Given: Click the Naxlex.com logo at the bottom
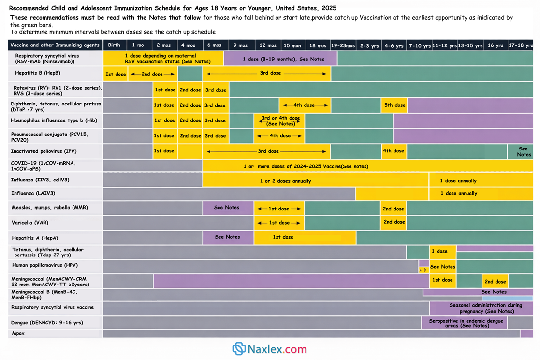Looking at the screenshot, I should click(269, 349).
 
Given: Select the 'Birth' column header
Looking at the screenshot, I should click(114, 45).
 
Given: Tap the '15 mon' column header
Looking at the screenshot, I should click(292, 45).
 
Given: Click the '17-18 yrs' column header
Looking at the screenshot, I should click(520, 45).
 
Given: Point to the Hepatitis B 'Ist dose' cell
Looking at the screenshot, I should click(116, 74).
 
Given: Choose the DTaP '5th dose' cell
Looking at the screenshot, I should click(394, 105).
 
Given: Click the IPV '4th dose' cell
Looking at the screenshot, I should click(394, 151).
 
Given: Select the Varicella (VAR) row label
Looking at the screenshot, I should click(30, 223).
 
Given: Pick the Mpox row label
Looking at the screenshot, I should click(18, 333).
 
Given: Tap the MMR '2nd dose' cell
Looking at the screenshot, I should click(394, 209).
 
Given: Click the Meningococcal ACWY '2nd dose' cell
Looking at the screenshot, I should click(495, 281).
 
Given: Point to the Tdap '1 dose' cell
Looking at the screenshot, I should click(442, 252).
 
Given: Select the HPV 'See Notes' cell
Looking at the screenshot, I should click(442, 267).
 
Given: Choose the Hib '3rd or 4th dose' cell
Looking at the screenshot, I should click(280, 120).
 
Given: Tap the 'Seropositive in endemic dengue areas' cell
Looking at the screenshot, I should click(464, 323).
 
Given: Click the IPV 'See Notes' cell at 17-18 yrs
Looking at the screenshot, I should click(520, 151).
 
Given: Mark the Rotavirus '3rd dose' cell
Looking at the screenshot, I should click(216, 90).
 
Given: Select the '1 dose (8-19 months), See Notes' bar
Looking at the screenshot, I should click(281, 59).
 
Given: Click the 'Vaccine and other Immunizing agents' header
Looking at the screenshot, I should click(55, 45).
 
